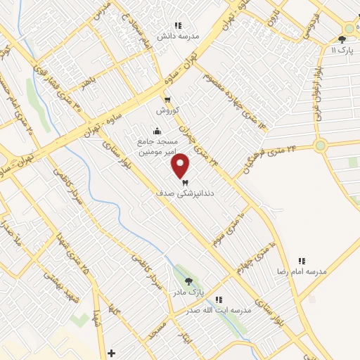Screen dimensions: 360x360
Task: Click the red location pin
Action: [x=181, y=165]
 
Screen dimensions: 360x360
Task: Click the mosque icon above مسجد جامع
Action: [x=156, y=131]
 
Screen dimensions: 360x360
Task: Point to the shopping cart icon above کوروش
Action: [x=167, y=99]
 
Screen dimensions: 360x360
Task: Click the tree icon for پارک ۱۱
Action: [x=342, y=40]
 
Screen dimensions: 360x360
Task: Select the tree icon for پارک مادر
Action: [x=188, y=281]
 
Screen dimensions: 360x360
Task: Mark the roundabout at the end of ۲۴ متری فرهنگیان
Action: [x=321, y=146]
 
